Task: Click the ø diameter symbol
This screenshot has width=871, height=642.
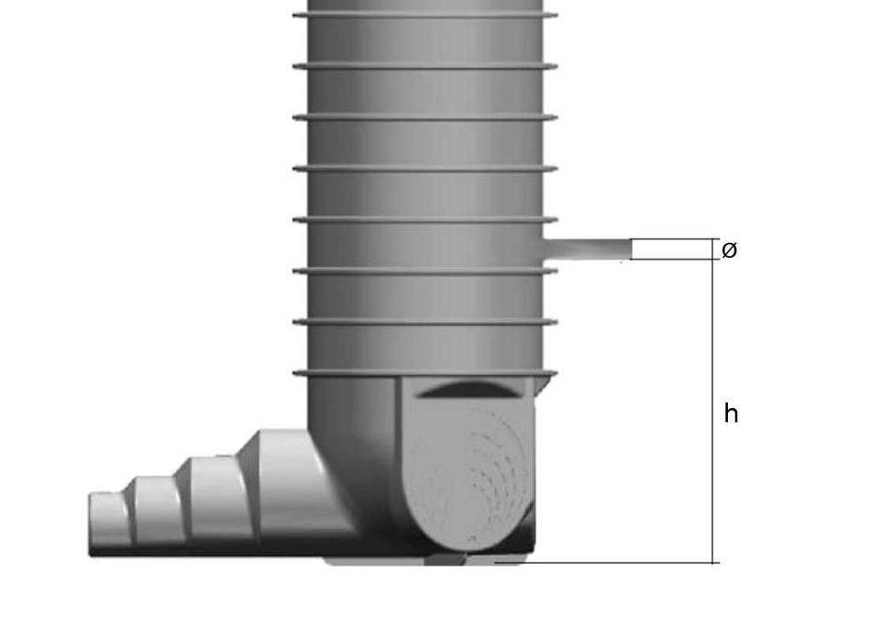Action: (730, 249)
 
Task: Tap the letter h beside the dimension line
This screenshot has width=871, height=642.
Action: (731, 415)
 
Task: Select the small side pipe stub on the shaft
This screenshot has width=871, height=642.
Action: (587, 249)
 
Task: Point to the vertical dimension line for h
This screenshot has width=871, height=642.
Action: (714, 413)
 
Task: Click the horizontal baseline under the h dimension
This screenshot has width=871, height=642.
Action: (605, 562)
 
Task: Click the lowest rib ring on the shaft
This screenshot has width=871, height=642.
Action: (424, 373)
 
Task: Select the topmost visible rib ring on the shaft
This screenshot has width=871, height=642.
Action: (424, 16)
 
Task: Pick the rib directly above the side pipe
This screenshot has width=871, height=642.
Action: (424, 220)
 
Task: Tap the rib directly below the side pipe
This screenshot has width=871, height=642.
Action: (424, 271)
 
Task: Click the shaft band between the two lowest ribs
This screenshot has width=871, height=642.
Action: (424, 348)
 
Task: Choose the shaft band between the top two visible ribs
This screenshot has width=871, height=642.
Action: (424, 41)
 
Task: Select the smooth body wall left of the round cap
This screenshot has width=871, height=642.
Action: (353, 431)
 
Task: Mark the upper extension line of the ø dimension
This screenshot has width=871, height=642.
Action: (674, 239)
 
